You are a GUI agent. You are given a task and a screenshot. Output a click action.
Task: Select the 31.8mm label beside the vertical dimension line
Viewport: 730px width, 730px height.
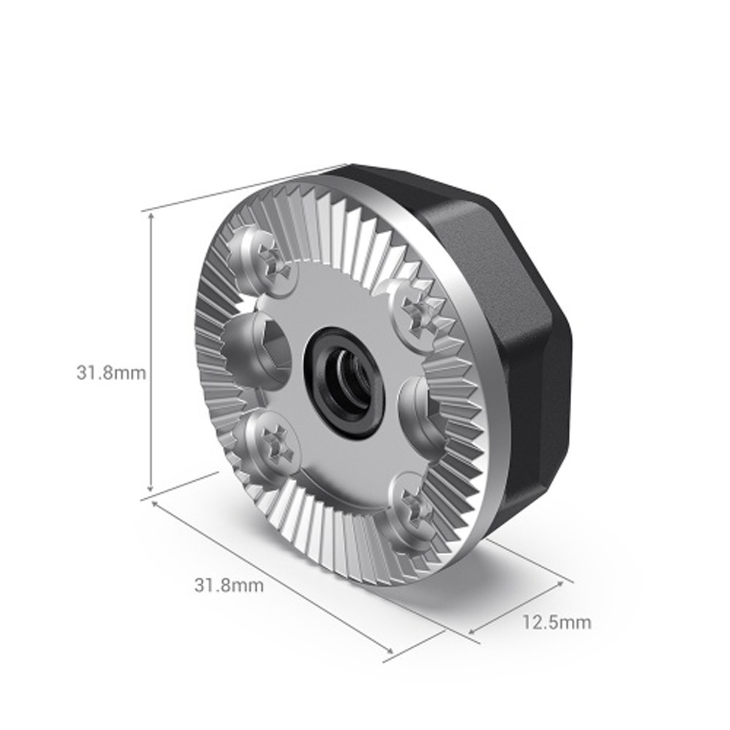click(x=111, y=372)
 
